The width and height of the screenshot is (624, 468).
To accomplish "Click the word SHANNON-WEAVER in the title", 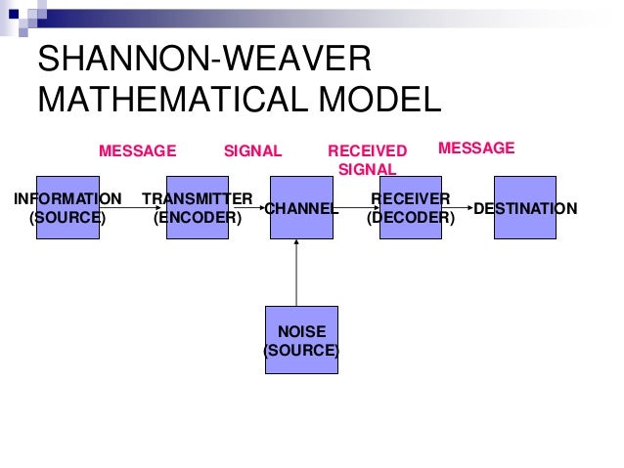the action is click(x=204, y=62).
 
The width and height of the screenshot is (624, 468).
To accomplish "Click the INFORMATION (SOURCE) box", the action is click(x=67, y=208).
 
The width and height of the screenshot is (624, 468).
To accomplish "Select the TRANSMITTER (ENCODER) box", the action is click(x=198, y=208).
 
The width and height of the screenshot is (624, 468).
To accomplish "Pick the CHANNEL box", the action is click(x=301, y=208).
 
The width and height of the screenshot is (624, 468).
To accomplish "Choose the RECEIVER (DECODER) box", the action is click(x=410, y=208).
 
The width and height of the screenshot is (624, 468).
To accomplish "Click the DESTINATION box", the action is click(x=524, y=208).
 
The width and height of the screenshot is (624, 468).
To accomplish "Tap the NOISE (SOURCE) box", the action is click(x=301, y=339).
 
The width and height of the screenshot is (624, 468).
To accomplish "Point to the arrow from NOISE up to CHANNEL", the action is click(x=296, y=274).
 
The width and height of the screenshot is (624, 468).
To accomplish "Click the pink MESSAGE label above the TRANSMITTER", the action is click(x=138, y=150).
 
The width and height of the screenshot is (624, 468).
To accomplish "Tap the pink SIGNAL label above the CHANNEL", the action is click(x=252, y=150).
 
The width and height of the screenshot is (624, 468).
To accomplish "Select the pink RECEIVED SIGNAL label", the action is click(x=367, y=159).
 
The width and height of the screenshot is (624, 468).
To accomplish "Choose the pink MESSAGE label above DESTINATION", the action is click(x=475, y=148).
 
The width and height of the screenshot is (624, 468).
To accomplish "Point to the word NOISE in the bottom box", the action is click(x=301, y=331).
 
